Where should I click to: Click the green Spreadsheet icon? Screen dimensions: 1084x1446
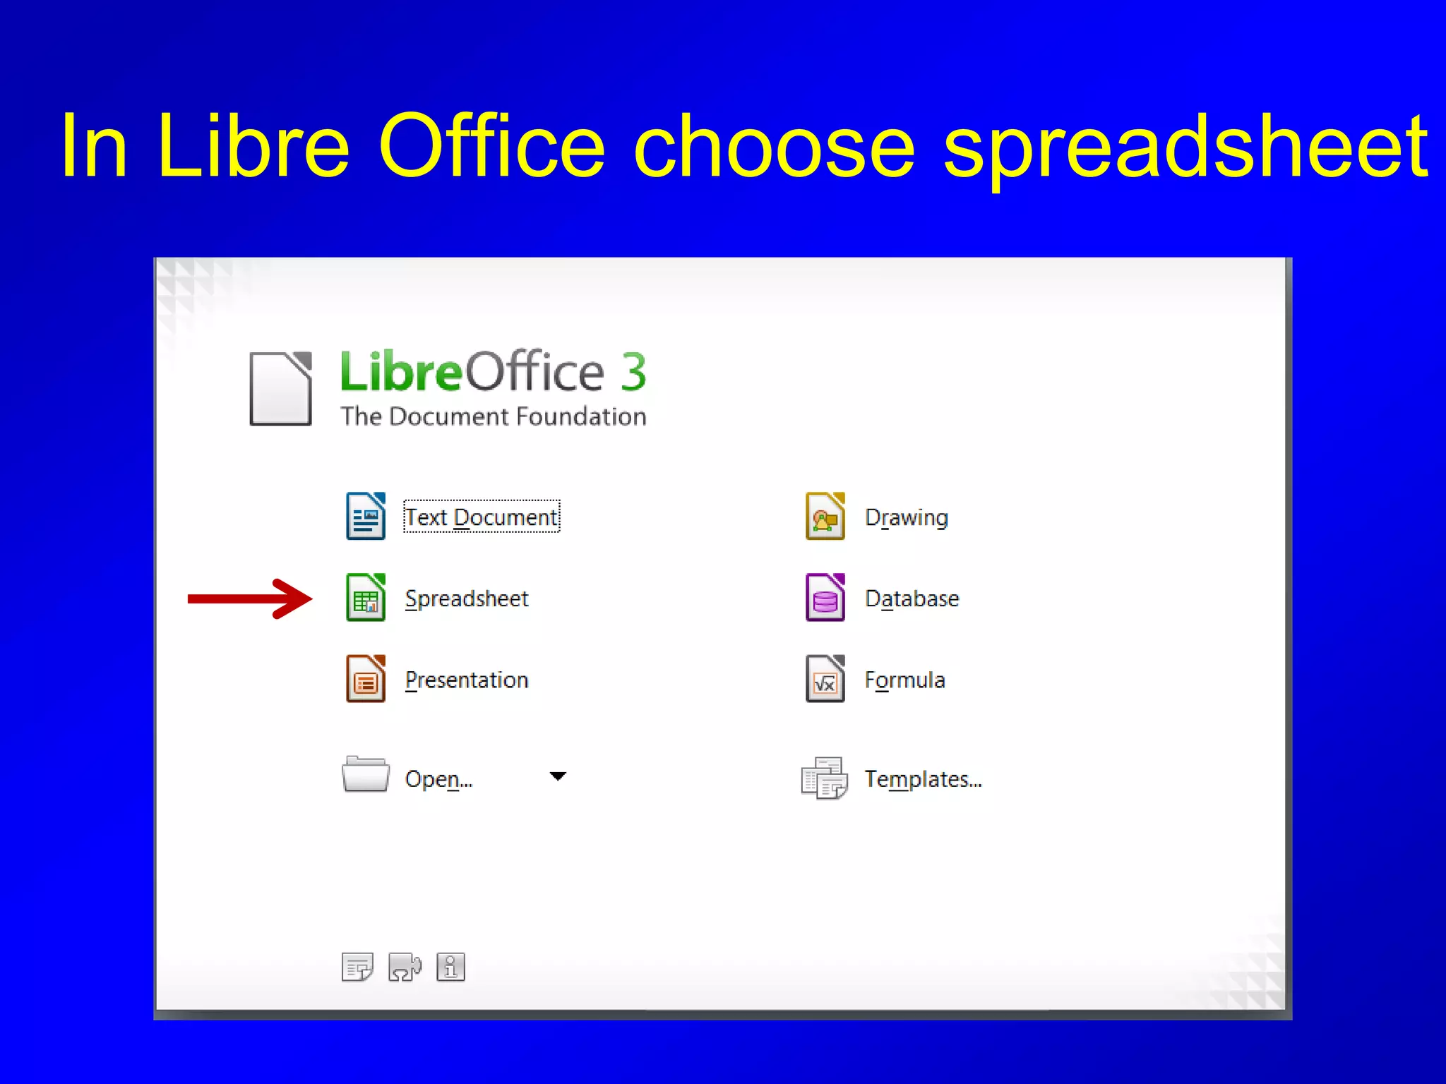click(366, 598)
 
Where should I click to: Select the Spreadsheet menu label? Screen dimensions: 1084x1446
click(467, 599)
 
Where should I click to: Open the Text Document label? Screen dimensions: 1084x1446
click(482, 517)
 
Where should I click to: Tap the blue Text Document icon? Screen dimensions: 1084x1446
click(366, 517)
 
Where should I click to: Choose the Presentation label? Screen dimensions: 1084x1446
click(467, 680)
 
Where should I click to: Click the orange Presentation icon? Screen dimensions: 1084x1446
click(366, 679)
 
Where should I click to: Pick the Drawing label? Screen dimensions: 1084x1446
click(907, 518)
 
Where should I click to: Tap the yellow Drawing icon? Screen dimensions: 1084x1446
click(825, 517)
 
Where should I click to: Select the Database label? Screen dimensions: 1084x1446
click(912, 599)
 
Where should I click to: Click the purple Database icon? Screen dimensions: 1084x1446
click(825, 598)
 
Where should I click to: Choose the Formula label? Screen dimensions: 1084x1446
click(905, 680)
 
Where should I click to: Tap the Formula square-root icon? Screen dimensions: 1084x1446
click(825, 679)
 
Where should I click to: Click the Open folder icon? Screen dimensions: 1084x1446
click(365, 775)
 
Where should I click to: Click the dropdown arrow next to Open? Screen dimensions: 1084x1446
click(558, 776)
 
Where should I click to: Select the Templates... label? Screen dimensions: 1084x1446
click(924, 779)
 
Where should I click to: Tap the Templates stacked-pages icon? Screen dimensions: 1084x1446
click(824, 778)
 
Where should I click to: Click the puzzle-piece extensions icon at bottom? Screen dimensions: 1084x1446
click(405, 967)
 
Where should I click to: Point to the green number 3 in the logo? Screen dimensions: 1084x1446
click(633, 372)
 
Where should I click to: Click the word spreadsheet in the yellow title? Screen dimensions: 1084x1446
click(1186, 147)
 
